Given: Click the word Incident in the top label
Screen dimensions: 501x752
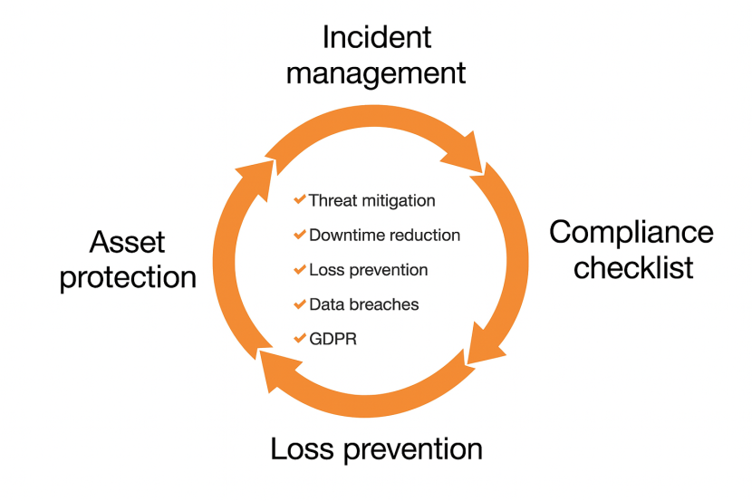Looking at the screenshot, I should [377, 37].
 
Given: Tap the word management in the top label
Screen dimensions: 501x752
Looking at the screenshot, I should [376, 72].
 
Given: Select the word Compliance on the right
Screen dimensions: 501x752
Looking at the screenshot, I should [631, 233].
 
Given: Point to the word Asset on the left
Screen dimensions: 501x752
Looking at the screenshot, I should [128, 242].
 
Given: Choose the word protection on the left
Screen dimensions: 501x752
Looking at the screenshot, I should [129, 276].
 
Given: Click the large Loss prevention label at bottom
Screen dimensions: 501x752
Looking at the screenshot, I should [376, 448].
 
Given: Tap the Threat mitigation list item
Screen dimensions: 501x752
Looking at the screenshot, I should [371, 200].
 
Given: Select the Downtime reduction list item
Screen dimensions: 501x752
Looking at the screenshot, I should [384, 236].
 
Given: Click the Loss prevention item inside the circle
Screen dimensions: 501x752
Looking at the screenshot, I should [368, 270].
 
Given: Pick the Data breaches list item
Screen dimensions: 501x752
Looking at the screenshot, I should [363, 304].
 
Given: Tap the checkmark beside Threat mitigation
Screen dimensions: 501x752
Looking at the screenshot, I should [300, 199].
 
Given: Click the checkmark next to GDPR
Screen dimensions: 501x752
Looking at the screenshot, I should [300, 338].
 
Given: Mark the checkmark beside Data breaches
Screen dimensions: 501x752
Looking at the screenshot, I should [300, 303].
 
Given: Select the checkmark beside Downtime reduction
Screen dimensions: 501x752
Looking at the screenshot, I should [300, 235].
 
